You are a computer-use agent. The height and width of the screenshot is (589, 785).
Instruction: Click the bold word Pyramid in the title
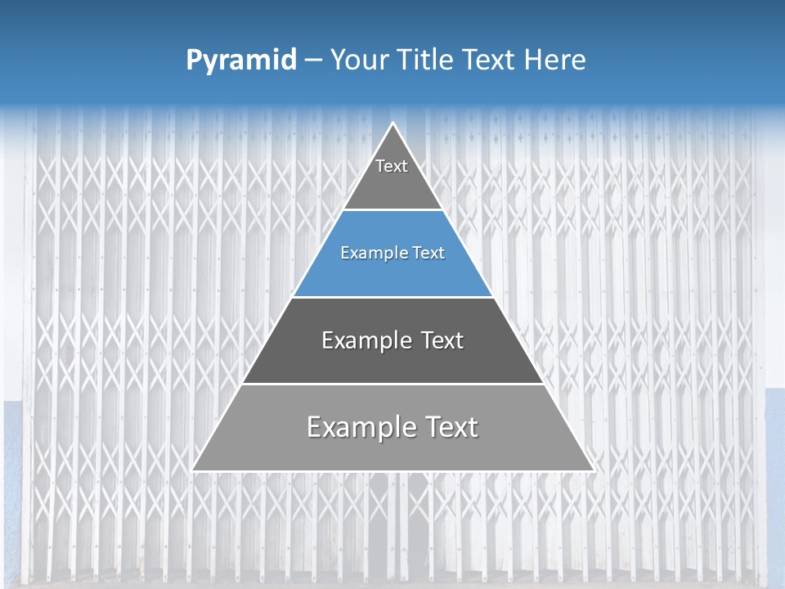click(x=240, y=61)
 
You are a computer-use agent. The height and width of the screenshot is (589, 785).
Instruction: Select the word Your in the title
click(x=359, y=61)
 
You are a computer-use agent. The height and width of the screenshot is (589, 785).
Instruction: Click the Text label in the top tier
click(x=392, y=166)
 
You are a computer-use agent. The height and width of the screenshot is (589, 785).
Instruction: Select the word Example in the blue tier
click(x=370, y=254)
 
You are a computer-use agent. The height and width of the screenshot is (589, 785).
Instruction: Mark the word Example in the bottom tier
click(x=360, y=427)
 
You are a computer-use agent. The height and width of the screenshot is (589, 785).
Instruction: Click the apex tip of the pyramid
click(x=392, y=124)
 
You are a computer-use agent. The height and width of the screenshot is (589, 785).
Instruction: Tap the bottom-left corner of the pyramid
click(x=193, y=470)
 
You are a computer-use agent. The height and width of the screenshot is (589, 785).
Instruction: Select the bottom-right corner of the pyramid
click(x=593, y=470)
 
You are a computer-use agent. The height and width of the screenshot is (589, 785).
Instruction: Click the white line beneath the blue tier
click(x=392, y=297)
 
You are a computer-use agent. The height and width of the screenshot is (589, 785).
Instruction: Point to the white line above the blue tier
click(x=392, y=210)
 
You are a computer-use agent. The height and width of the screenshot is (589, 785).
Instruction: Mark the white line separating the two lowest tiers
click(x=392, y=384)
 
